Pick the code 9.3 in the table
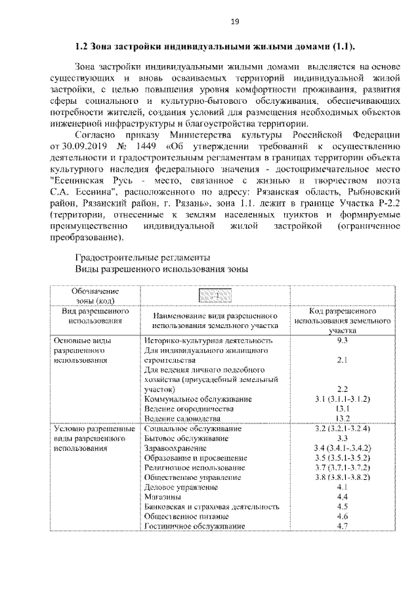coord(341,341)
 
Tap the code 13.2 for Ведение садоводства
coord(341,417)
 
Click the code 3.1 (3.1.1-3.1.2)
coord(341,399)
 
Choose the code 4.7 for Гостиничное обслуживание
coord(341,526)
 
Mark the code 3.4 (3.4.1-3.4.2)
coord(341,448)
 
